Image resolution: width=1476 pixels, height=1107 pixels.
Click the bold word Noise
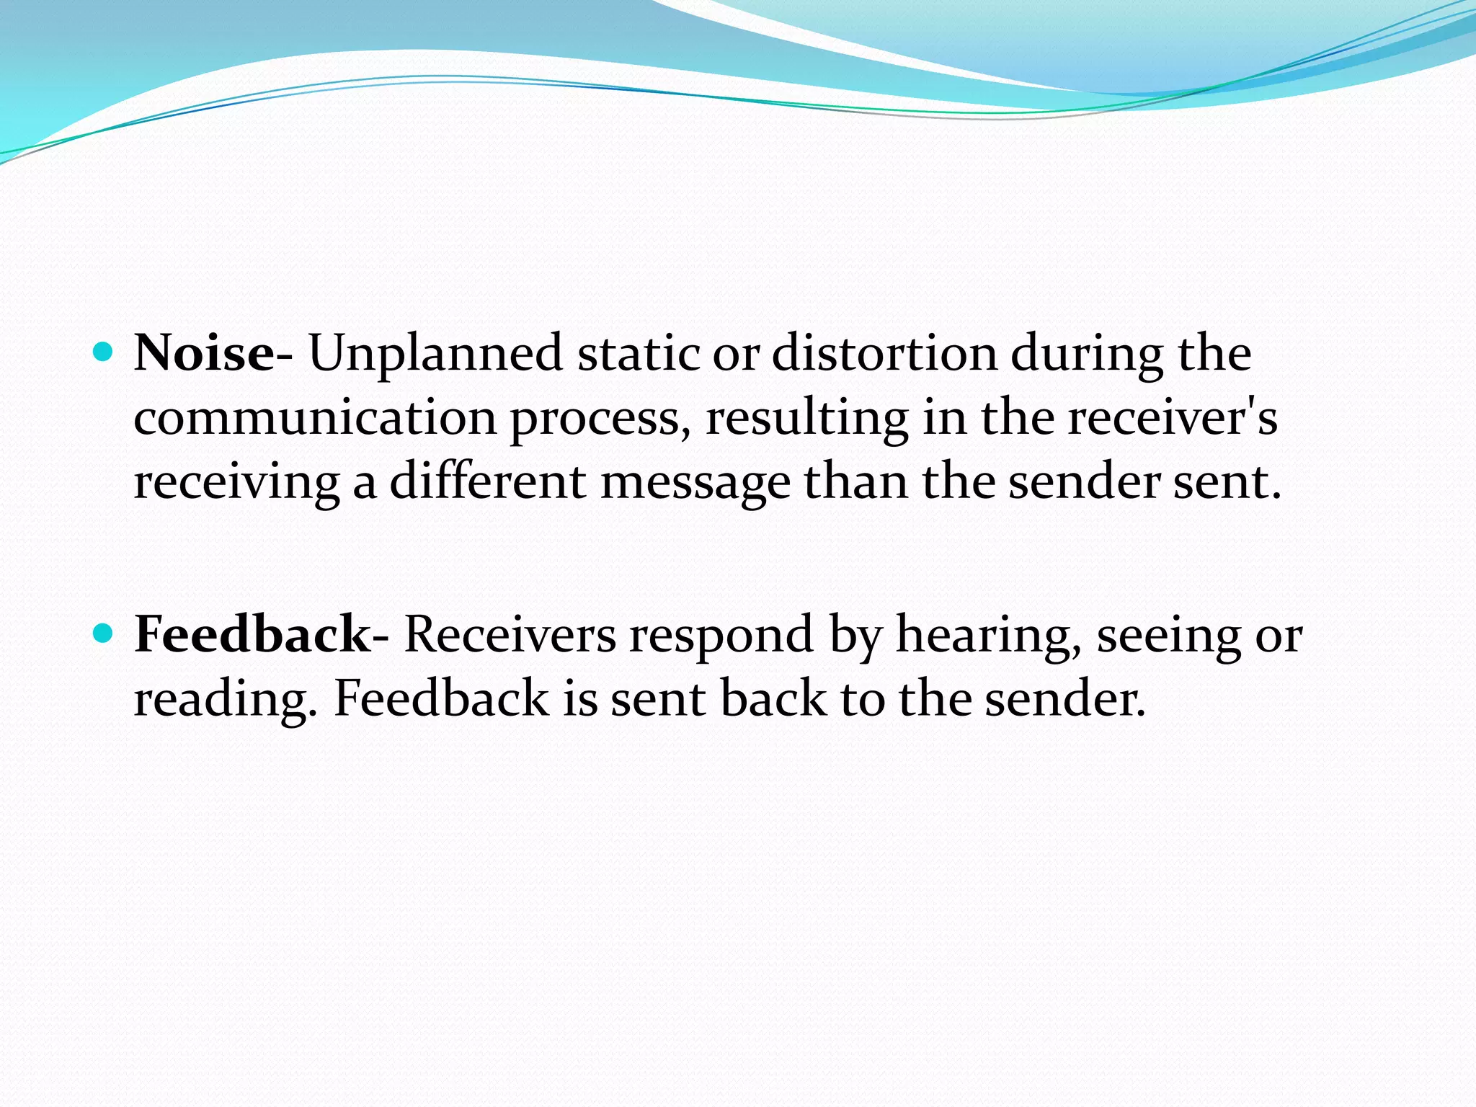(204, 354)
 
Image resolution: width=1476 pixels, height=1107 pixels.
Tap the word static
(639, 354)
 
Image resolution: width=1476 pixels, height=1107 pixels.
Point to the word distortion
(884, 354)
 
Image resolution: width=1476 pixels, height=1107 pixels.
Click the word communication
(315, 418)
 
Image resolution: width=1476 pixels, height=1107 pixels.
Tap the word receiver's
(1172, 418)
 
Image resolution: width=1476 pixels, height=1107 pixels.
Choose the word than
(855, 481)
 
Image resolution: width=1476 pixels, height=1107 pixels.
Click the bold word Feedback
(252, 635)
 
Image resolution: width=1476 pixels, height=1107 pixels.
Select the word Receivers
(510, 635)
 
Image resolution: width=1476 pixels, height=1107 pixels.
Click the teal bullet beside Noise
(105, 352)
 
